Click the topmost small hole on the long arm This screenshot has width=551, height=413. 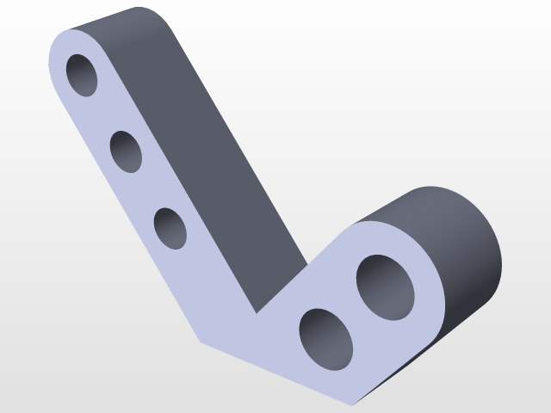(83, 75)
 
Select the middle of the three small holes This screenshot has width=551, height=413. (127, 151)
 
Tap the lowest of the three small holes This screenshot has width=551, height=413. (170, 228)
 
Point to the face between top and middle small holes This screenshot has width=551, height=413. (105, 114)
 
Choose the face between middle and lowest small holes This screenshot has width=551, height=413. (149, 190)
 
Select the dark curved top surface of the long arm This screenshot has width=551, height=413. (121, 21)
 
